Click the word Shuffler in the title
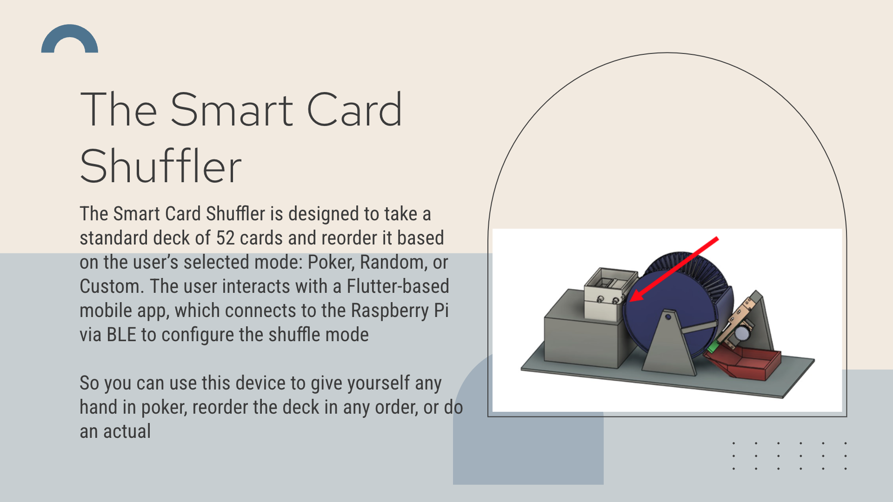click(160, 166)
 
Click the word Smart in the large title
click(232, 110)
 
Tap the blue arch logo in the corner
click(70, 39)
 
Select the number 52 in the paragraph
click(225, 238)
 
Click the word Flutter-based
click(398, 286)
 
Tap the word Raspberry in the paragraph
click(390, 311)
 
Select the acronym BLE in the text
click(121, 335)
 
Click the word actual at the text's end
click(127, 431)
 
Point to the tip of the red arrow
click(629, 301)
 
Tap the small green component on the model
click(713, 347)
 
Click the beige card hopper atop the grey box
click(610, 293)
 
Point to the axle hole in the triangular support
click(668, 317)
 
